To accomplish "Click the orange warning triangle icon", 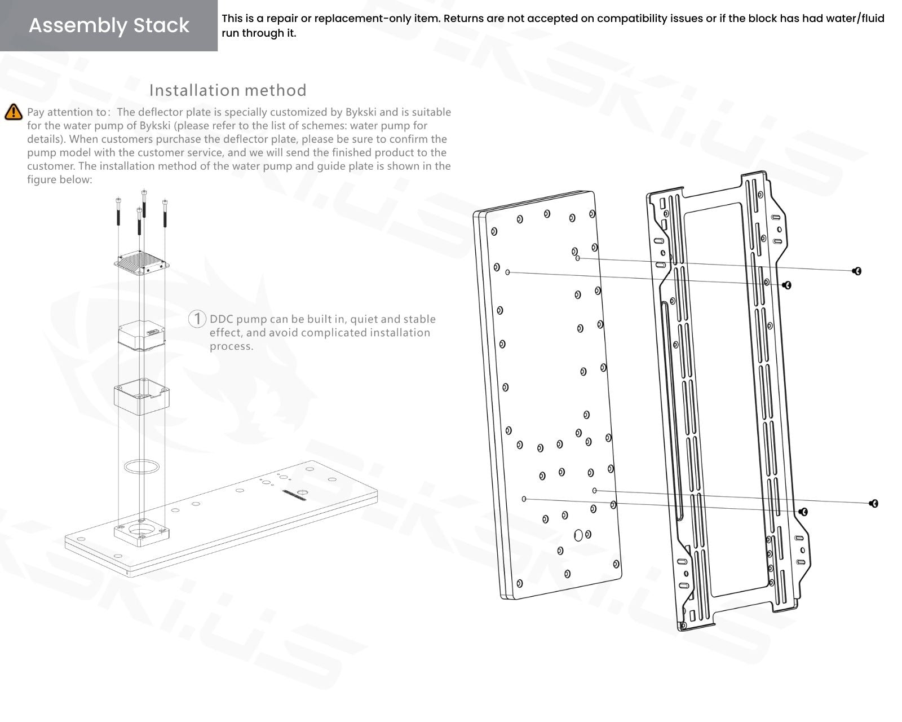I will (14, 112).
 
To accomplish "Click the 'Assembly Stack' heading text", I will (109, 25).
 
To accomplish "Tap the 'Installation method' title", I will (228, 90).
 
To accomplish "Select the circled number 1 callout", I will (197, 319).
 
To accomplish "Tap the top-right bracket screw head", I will (857, 271).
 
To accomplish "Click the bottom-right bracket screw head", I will (874, 503).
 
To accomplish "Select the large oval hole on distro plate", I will (578, 535).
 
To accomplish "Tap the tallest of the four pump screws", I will (144, 203).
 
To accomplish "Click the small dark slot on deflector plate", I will (294, 493).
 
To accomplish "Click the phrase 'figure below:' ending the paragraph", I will (59, 180).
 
